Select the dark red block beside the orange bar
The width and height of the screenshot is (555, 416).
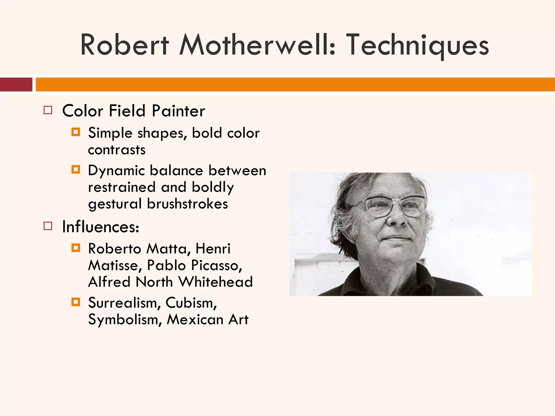16,84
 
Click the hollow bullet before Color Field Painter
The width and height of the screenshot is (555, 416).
48,110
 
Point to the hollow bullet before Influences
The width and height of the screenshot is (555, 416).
48,226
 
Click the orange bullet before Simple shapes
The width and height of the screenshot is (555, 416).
76,132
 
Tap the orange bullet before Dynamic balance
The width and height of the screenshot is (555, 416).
76,170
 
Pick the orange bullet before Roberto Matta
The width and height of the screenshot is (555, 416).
76,248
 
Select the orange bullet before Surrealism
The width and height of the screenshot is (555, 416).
76,302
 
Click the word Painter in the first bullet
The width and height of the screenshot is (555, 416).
178,111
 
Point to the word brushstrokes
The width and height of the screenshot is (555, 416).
187,204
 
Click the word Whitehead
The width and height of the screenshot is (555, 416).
215,282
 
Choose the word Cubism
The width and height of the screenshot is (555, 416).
191,303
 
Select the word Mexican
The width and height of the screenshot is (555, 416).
195,320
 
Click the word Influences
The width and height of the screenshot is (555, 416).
101,227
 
